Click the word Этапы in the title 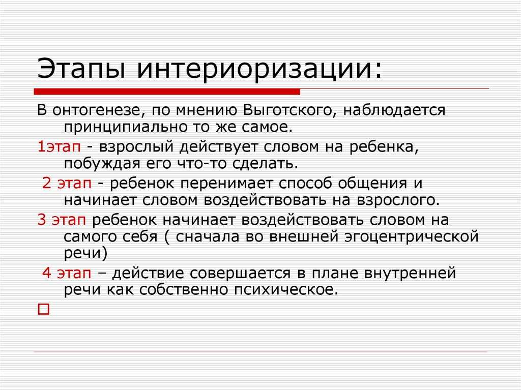point(81,69)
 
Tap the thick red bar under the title point(167,92)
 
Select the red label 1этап point(59,146)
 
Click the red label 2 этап point(67,183)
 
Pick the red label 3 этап point(62,220)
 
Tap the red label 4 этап point(67,273)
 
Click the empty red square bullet point(44,309)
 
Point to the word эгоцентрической point(411,237)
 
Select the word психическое point(286,290)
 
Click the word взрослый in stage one point(136,147)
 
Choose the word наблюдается point(394,110)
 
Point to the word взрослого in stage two point(398,200)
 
